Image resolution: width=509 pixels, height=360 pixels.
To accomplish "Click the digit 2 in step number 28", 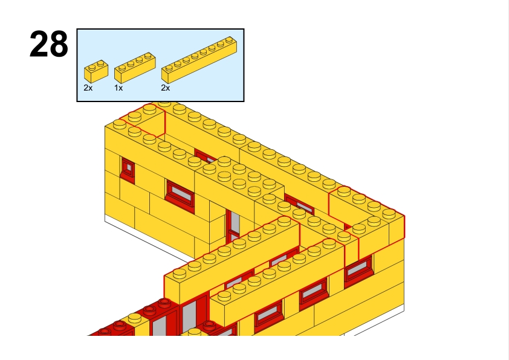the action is pyautogui.click(x=39, y=45).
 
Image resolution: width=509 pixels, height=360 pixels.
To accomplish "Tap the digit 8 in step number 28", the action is pyautogui.click(x=59, y=45).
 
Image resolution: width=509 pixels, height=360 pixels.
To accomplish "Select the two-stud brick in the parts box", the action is pyautogui.click(x=96, y=71).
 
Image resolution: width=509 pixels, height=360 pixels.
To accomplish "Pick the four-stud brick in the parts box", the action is pyautogui.click(x=135, y=68).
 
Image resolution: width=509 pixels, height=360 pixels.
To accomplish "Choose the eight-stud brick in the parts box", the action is pyautogui.click(x=199, y=60).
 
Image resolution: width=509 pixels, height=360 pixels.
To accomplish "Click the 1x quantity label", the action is pyautogui.click(x=118, y=88).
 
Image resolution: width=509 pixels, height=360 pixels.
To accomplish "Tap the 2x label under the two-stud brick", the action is pyautogui.click(x=88, y=88).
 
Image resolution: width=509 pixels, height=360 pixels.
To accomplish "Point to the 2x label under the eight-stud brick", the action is pyautogui.click(x=165, y=88).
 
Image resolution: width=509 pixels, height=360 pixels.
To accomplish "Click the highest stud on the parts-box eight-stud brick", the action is pyautogui.click(x=229, y=40).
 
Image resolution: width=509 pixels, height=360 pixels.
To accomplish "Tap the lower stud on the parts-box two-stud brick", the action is pyautogui.click(x=92, y=68).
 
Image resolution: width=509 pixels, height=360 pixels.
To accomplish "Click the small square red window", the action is pyautogui.click(x=128, y=170).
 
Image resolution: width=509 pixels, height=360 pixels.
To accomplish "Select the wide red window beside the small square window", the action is pyautogui.click(x=180, y=195).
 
